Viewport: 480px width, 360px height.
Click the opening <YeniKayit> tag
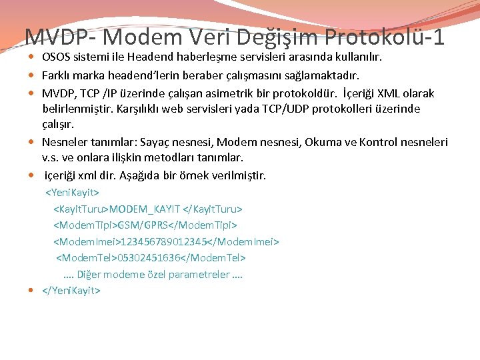[72, 193]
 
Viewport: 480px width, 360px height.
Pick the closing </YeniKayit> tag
[71, 290]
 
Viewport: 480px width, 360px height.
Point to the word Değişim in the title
[273, 36]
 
